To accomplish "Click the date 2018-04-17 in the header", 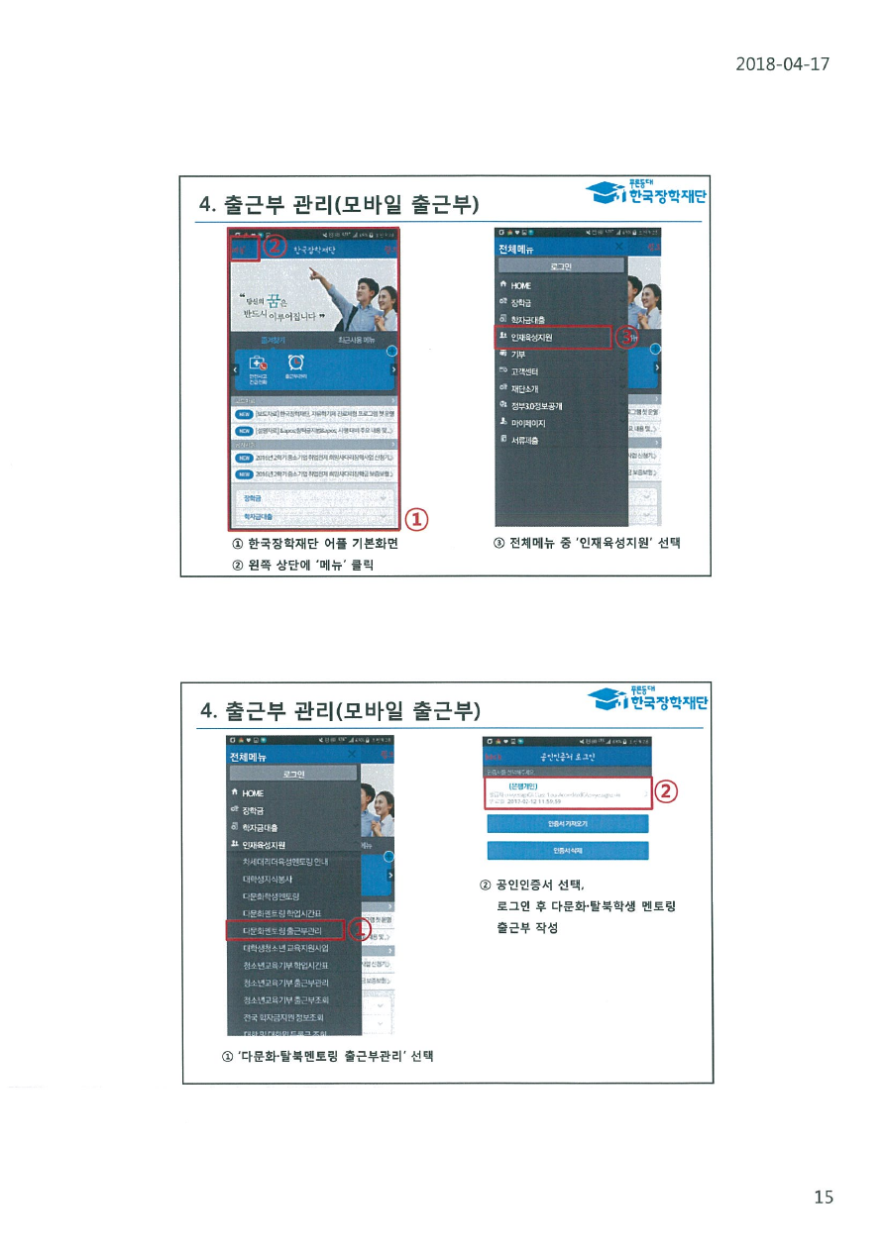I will [x=782, y=64].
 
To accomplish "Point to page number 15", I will [x=823, y=1197].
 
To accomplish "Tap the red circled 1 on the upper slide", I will [x=417, y=517].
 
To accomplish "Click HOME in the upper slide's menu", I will [x=521, y=285].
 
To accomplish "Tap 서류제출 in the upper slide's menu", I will [x=525, y=440].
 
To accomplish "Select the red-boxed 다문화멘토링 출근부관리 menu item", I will [x=283, y=931].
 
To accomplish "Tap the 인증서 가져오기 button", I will [x=567, y=822].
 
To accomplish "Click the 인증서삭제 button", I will [x=567, y=850].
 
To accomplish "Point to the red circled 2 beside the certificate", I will [x=667, y=790].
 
